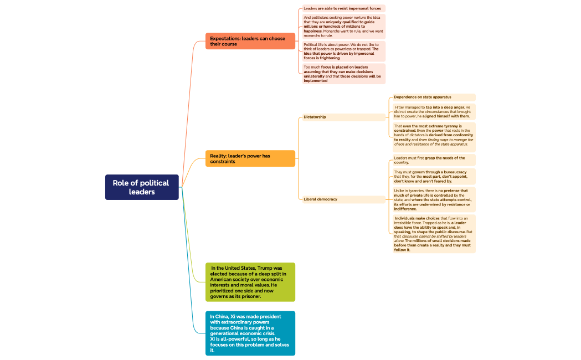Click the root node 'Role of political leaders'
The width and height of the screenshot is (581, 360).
142,187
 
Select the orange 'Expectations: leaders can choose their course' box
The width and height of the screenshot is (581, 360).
250,41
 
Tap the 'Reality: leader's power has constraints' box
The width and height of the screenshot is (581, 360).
250,158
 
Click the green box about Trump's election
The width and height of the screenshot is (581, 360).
250,282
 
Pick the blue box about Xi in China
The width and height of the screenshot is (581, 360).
250,333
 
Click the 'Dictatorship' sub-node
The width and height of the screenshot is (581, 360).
343,117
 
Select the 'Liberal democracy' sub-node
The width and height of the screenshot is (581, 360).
343,199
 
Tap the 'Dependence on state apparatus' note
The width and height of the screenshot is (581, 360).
434,97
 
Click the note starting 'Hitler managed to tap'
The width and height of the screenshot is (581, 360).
434,111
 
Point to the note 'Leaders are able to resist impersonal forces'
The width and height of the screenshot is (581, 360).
343,8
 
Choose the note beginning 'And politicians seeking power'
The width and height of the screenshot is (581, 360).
343,26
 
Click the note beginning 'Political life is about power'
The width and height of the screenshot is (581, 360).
343,51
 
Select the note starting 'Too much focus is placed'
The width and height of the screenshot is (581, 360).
343,74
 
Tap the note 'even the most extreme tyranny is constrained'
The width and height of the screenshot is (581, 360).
434,137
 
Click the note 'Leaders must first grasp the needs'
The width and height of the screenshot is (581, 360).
434,160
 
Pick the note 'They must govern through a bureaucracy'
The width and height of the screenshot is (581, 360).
434,177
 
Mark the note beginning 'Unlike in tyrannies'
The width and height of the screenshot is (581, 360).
434,199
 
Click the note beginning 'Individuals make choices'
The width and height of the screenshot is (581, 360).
434,234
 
